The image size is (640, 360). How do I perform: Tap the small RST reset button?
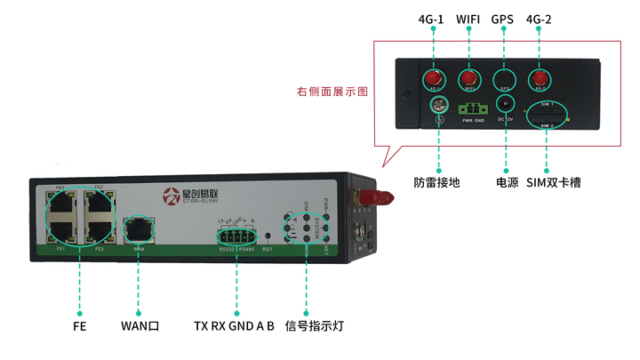[x=269, y=236]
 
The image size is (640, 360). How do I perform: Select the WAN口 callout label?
[x=140, y=325]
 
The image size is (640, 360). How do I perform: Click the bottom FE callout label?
[x=80, y=325]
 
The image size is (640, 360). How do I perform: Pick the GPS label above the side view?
[x=504, y=18]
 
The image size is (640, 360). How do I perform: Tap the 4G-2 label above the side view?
[x=539, y=18]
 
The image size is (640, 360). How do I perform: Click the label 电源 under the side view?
[x=505, y=183]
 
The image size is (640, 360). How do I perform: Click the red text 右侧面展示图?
[x=332, y=92]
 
